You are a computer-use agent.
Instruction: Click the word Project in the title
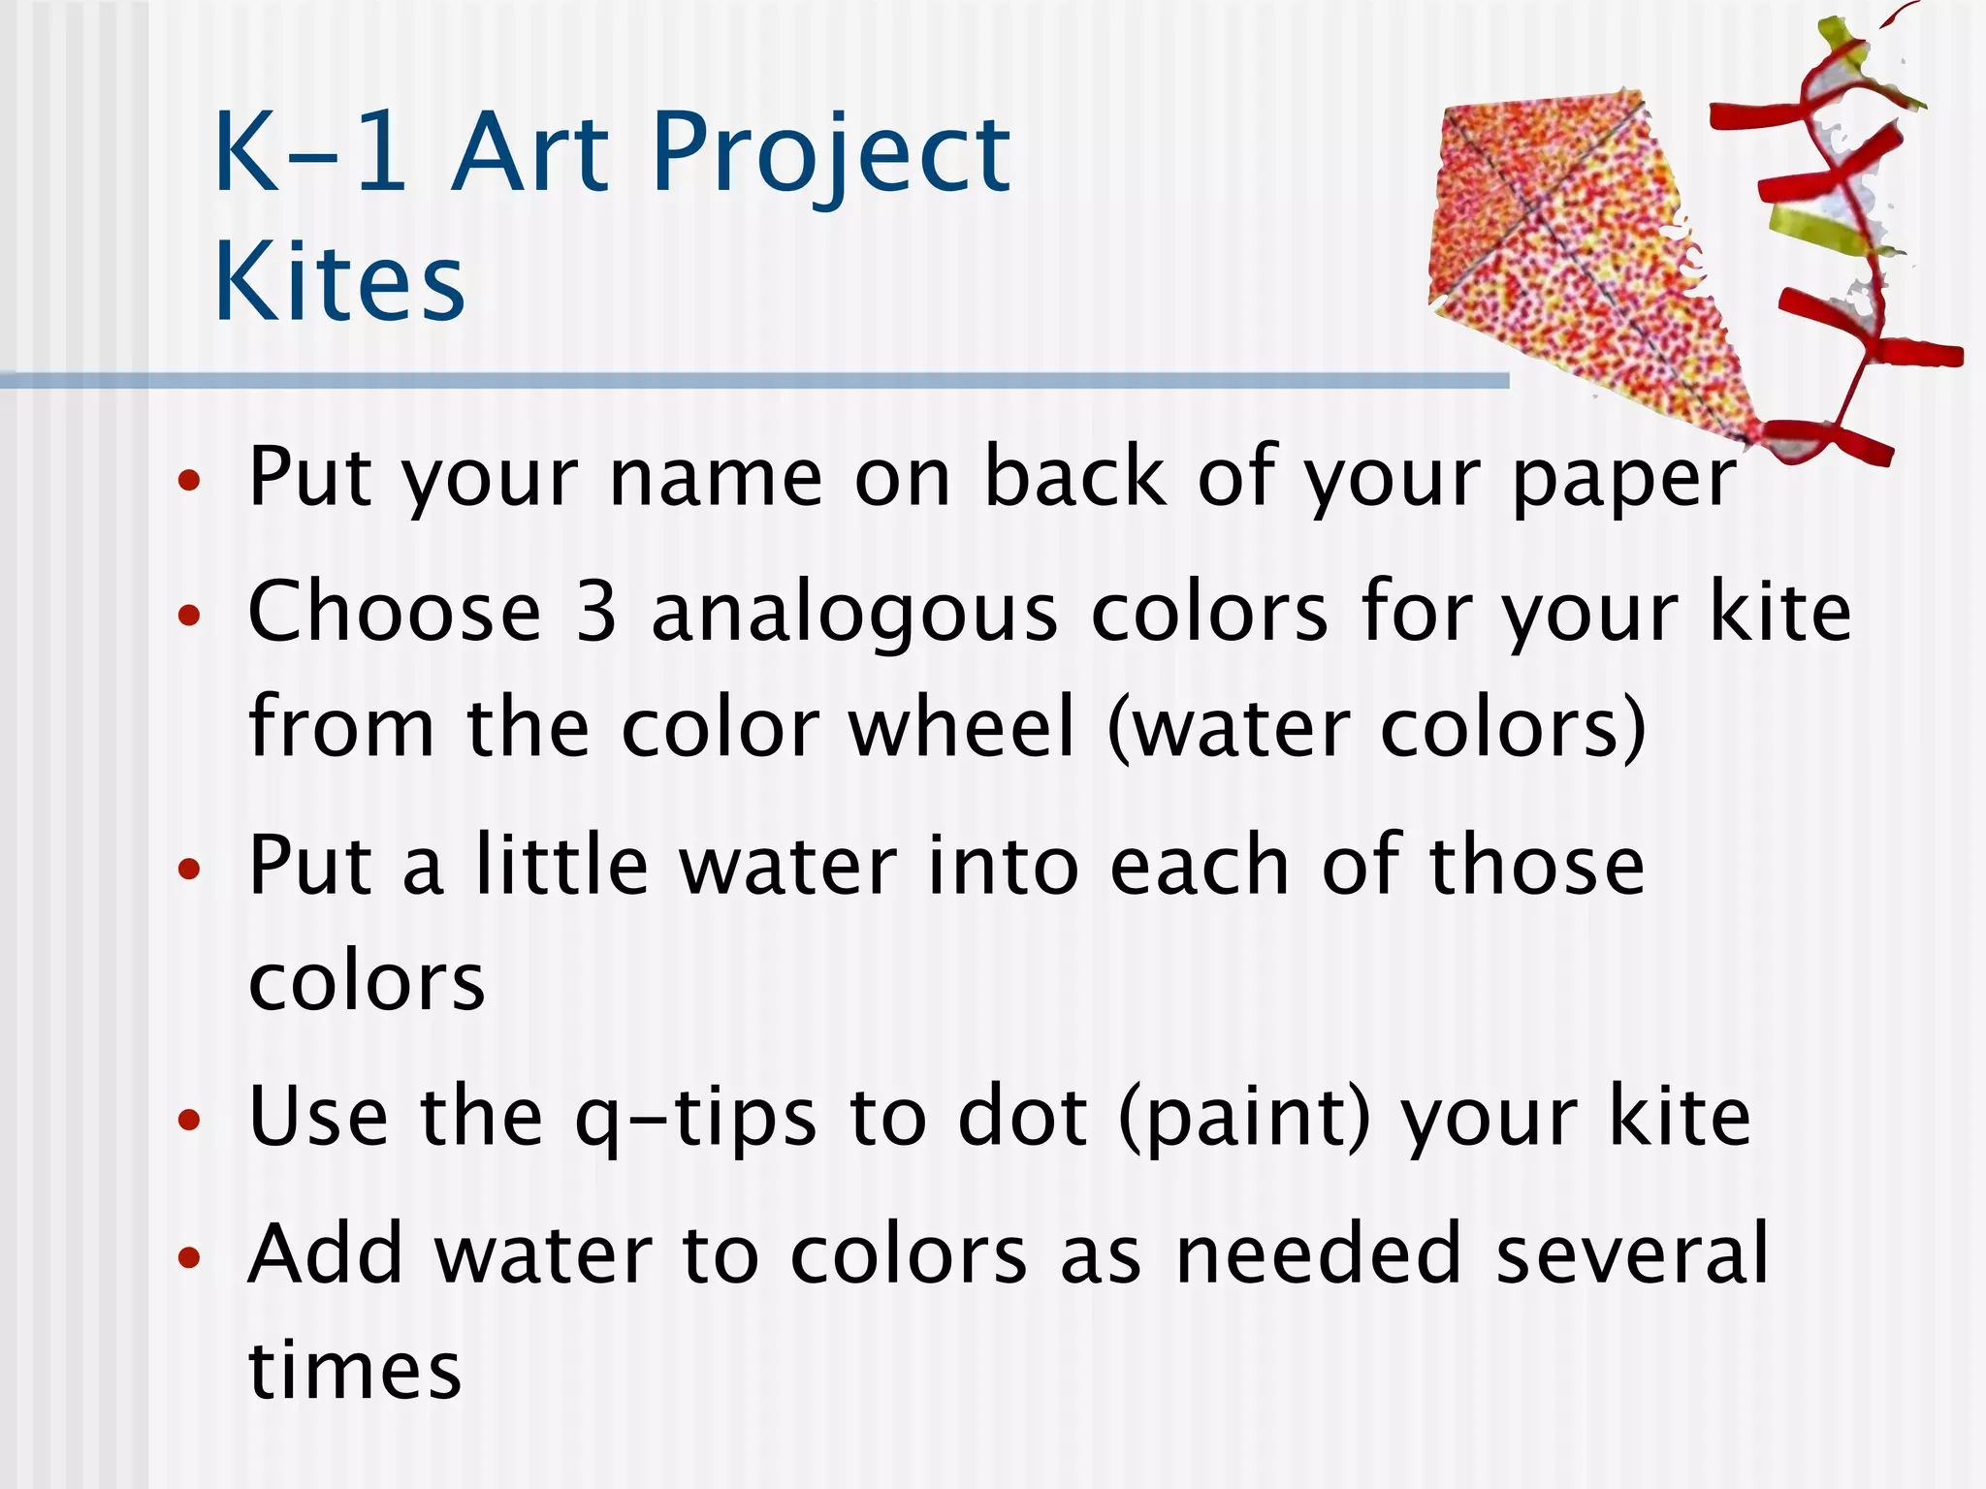click(831, 153)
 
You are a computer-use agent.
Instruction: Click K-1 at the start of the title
click(310, 153)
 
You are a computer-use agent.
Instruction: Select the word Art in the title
click(530, 153)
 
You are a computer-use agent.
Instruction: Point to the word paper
click(1624, 480)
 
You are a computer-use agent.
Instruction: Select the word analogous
click(854, 616)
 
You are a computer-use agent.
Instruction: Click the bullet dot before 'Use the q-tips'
click(189, 1121)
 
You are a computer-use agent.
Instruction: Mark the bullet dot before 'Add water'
click(189, 1257)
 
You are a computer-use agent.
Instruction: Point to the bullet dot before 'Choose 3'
click(189, 615)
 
